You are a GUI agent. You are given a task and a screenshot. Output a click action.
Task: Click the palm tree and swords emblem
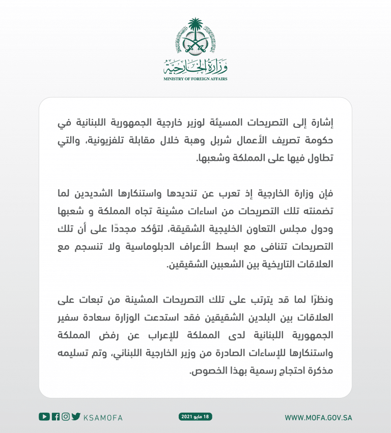tap(195, 38)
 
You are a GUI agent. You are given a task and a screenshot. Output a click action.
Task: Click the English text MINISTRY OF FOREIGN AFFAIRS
tap(195, 79)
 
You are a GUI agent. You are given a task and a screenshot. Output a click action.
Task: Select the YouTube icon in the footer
tap(44, 417)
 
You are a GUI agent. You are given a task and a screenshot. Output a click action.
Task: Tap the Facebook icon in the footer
tap(56, 417)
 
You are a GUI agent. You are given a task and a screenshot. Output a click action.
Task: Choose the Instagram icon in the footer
tap(66, 417)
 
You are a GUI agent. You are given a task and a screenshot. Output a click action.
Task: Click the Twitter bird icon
tap(76, 417)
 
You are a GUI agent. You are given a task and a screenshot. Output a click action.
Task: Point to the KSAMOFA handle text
tap(103, 417)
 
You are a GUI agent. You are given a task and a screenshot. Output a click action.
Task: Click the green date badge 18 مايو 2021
tap(195, 417)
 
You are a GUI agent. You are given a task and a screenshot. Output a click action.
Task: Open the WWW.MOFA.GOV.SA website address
tap(318, 417)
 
